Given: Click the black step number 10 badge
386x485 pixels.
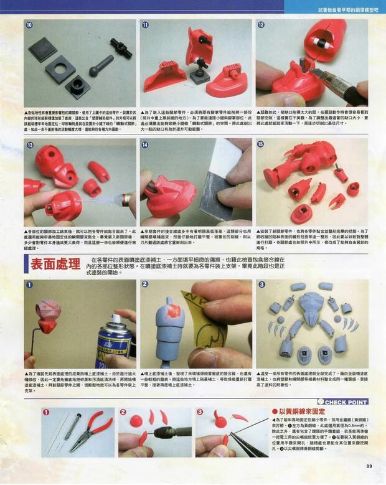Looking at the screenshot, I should pos(30,26).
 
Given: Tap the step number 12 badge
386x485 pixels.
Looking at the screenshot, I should pos(261,26).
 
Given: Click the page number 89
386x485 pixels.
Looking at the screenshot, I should pos(369,466).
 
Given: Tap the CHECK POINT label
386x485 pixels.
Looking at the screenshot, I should pos(346,402).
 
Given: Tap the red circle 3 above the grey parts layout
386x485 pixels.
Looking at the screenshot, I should pos(261,285).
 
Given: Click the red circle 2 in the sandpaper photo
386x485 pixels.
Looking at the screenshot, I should pos(145,285).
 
